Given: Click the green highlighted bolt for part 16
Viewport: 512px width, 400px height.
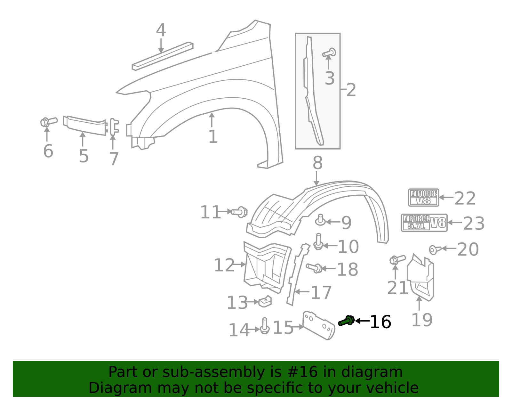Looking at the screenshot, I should pos(346,321).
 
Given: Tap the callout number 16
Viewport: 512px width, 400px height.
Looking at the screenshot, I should pos(380,322).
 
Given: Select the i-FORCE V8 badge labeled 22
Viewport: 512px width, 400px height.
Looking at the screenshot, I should pos(423,197).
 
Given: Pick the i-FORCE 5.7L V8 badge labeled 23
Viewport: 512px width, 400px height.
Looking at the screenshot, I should pos(424,223).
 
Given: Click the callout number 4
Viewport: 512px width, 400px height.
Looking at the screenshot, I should pos(161,31).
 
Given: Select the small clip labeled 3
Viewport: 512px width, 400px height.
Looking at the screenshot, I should pos(329,53).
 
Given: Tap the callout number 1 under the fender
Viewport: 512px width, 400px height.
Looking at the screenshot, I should pos(213,137).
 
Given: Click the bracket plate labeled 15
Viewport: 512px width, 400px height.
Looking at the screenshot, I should pos(318,325).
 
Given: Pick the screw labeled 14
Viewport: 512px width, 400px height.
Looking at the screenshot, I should pos(264,326).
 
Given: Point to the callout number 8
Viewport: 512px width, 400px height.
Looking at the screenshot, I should pos(317,163).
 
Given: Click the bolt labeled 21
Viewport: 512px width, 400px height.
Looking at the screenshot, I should pos(396,259).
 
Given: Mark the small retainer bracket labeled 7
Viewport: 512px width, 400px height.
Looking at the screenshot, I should pos(114,127).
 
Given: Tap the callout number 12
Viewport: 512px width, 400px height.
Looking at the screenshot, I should pos(224,265).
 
